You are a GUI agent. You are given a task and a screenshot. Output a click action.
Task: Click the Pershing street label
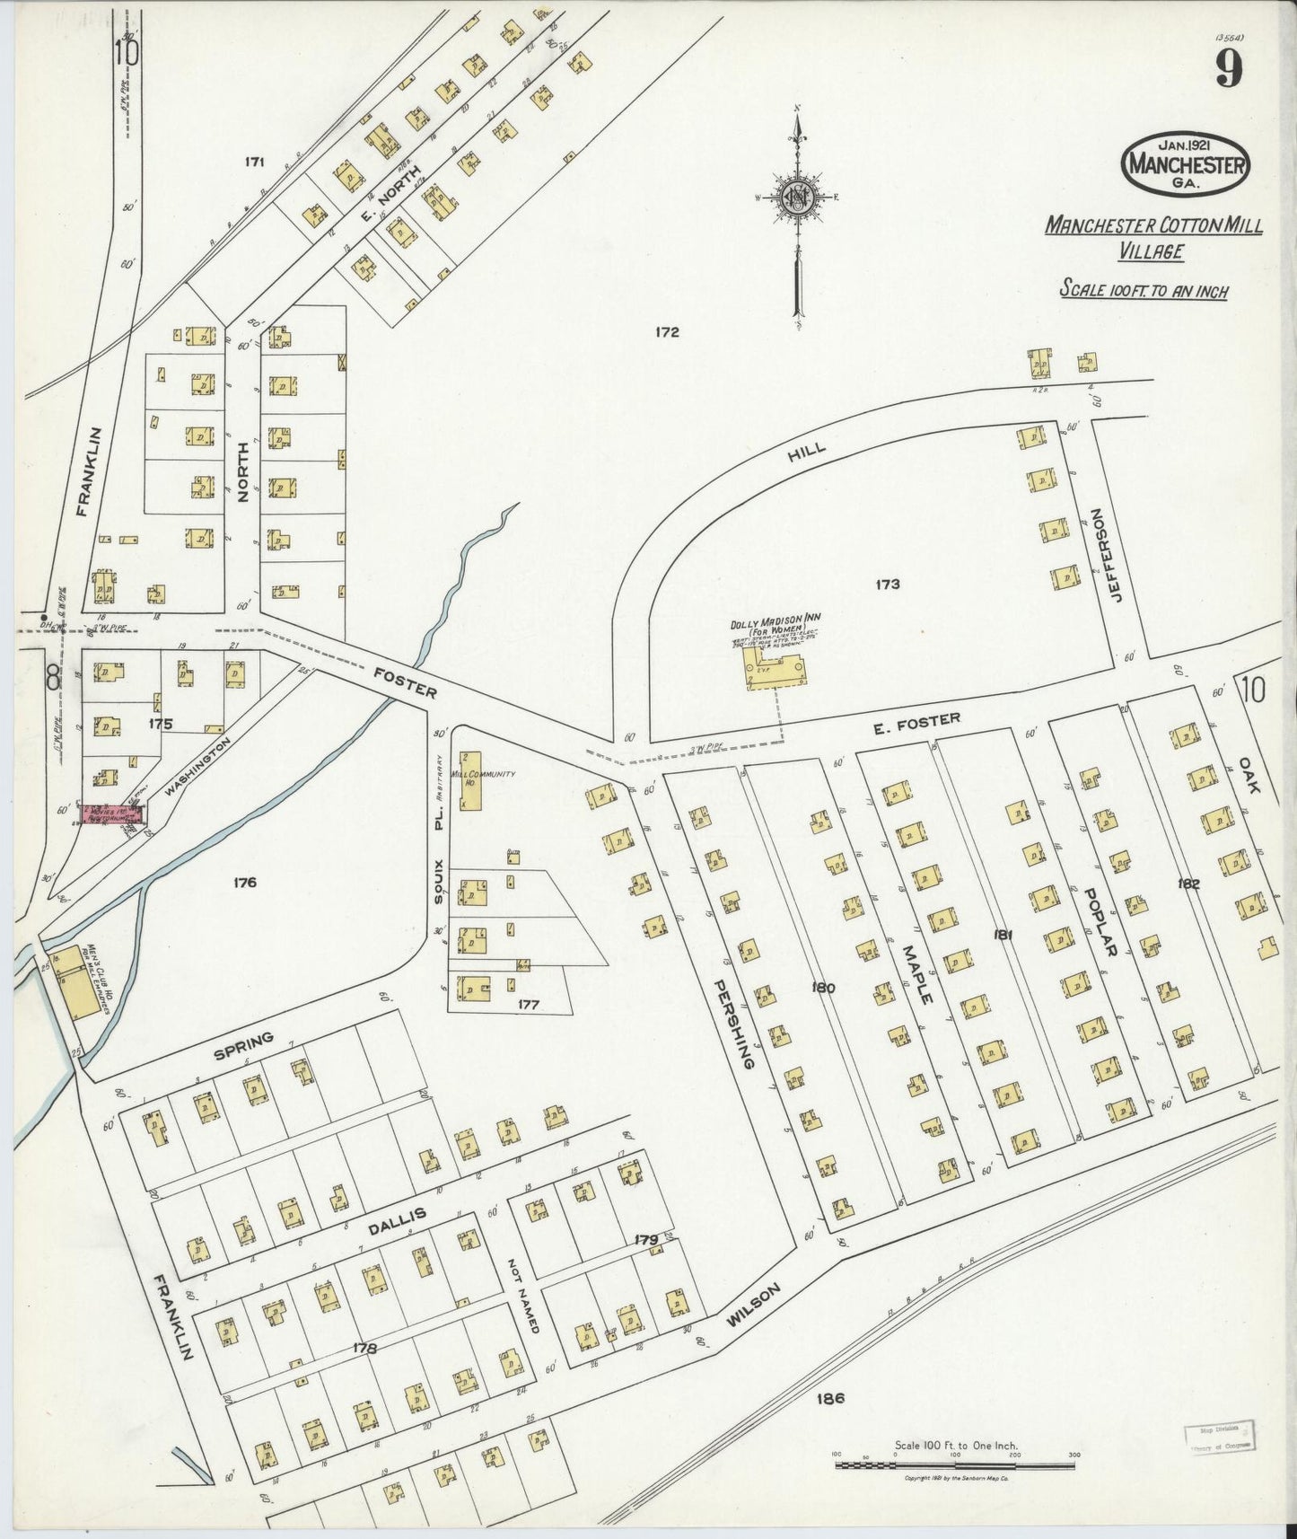click(x=732, y=1024)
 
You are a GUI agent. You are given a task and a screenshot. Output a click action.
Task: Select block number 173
click(x=887, y=585)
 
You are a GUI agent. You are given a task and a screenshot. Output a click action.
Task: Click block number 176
click(x=244, y=883)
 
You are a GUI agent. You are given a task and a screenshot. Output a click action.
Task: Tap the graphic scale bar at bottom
click(x=955, y=1465)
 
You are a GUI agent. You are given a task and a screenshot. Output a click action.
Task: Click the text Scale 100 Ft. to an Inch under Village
click(x=1144, y=290)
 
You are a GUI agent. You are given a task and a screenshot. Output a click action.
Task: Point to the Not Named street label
click(x=526, y=1297)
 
